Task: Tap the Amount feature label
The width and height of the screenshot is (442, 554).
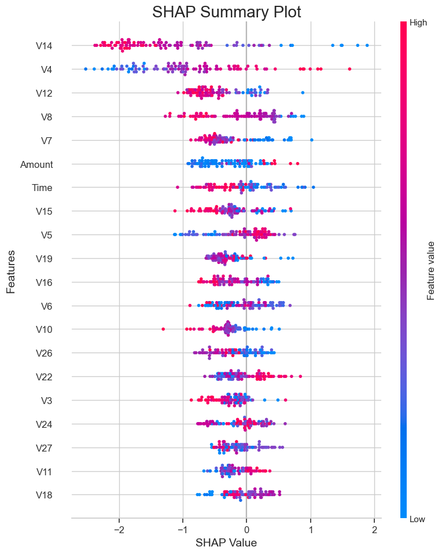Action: coord(36,164)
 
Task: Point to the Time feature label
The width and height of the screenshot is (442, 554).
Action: coord(42,188)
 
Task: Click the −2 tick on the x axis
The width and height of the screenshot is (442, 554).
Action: coord(119,530)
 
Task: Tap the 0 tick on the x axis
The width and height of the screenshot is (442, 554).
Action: coord(246,530)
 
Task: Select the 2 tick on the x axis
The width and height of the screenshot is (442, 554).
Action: coord(374,530)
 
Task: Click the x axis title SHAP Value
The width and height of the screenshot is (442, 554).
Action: coord(226,544)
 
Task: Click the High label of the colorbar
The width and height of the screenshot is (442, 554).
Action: coord(418,23)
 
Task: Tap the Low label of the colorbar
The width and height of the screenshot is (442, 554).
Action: coord(417,519)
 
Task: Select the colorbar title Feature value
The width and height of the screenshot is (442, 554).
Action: coord(431,271)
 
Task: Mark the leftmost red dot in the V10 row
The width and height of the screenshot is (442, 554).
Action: coord(163,329)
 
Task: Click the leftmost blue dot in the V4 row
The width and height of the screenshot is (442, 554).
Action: coord(86,69)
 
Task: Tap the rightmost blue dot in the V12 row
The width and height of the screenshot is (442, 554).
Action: coord(303,93)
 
